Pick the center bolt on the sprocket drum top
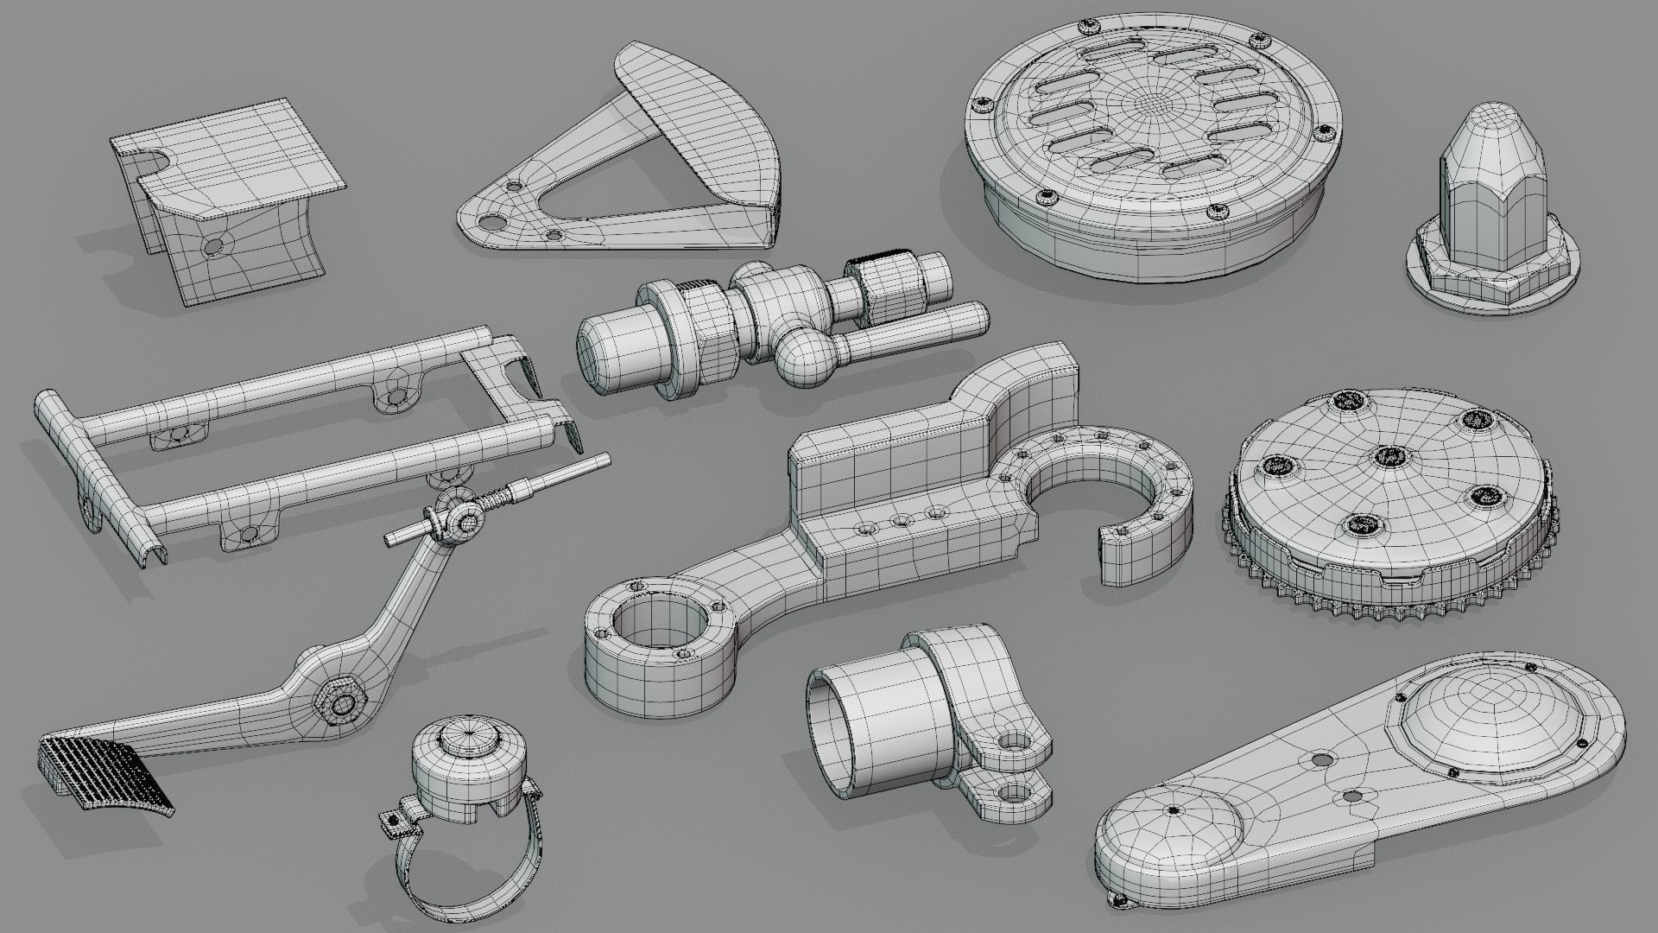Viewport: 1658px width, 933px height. point(1388,458)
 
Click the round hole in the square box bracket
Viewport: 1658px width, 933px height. point(211,247)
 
